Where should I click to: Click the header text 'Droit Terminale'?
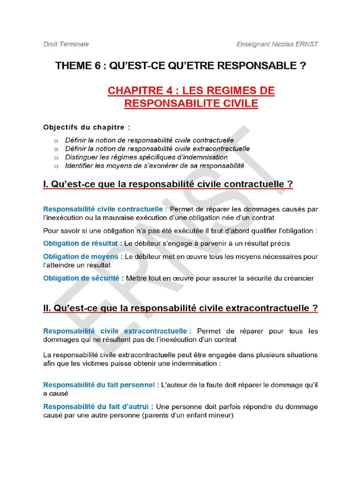[x=66, y=44]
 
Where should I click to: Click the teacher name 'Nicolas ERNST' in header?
[x=298, y=44]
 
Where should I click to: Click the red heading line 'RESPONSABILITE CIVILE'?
[x=191, y=104]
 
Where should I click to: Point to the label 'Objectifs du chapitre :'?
[x=86, y=127]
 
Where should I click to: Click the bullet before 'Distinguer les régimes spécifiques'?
[x=56, y=157]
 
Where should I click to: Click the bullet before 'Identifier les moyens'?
[x=56, y=166]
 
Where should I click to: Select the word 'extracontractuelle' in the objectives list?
[x=221, y=149]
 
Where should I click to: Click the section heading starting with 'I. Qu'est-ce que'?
[x=168, y=185]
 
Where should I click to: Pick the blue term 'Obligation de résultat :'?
[x=83, y=243]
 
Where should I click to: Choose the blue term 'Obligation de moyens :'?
[x=83, y=256]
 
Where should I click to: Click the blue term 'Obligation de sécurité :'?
[x=83, y=278]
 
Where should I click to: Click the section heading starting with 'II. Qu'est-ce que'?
[x=180, y=308]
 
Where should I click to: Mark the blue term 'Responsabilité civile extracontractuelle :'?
[x=117, y=331]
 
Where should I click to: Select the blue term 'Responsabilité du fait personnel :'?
[x=101, y=385]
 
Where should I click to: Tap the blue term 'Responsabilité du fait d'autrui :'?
[x=98, y=406]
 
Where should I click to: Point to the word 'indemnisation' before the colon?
[x=193, y=363]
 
